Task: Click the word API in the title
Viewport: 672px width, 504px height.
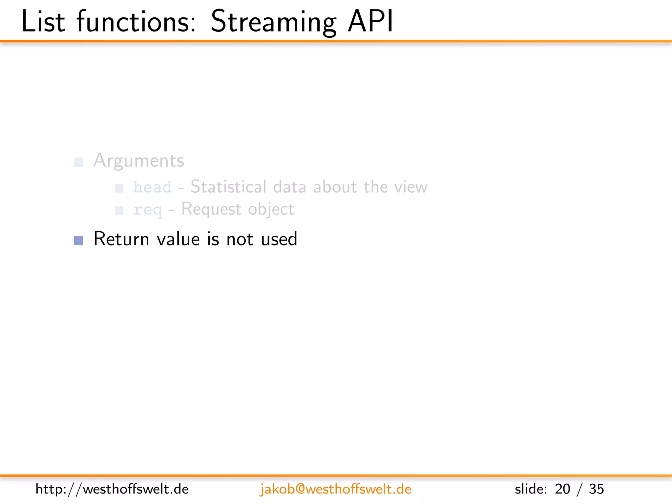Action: (x=370, y=22)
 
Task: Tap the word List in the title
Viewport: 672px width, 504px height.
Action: (x=43, y=22)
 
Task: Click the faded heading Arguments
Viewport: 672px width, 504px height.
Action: (x=138, y=160)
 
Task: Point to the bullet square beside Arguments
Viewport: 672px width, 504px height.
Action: (x=78, y=162)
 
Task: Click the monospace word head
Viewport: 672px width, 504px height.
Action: (x=152, y=187)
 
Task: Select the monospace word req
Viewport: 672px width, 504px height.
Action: (x=147, y=210)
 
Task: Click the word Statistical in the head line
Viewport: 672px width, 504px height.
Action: (x=228, y=187)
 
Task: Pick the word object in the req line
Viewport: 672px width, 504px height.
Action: (x=271, y=209)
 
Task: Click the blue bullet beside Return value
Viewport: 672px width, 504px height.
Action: (x=78, y=241)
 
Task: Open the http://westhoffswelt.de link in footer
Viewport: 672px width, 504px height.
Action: (x=112, y=489)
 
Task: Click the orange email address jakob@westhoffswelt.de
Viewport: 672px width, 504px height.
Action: (x=335, y=489)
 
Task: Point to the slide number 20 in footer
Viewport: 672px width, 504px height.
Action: (x=562, y=489)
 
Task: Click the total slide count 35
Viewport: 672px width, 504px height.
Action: (x=596, y=489)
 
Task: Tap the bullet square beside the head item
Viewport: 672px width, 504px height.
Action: (x=119, y=188)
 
